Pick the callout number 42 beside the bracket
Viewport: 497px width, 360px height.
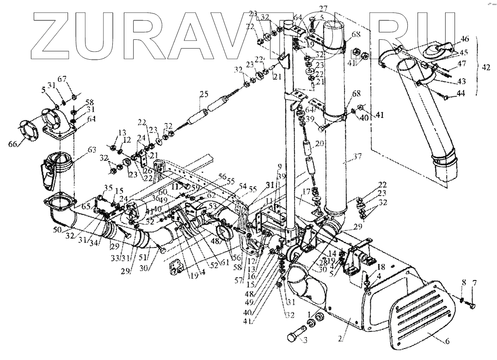[x=485, y=67]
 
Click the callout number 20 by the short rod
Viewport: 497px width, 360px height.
[x=319, y=144]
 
